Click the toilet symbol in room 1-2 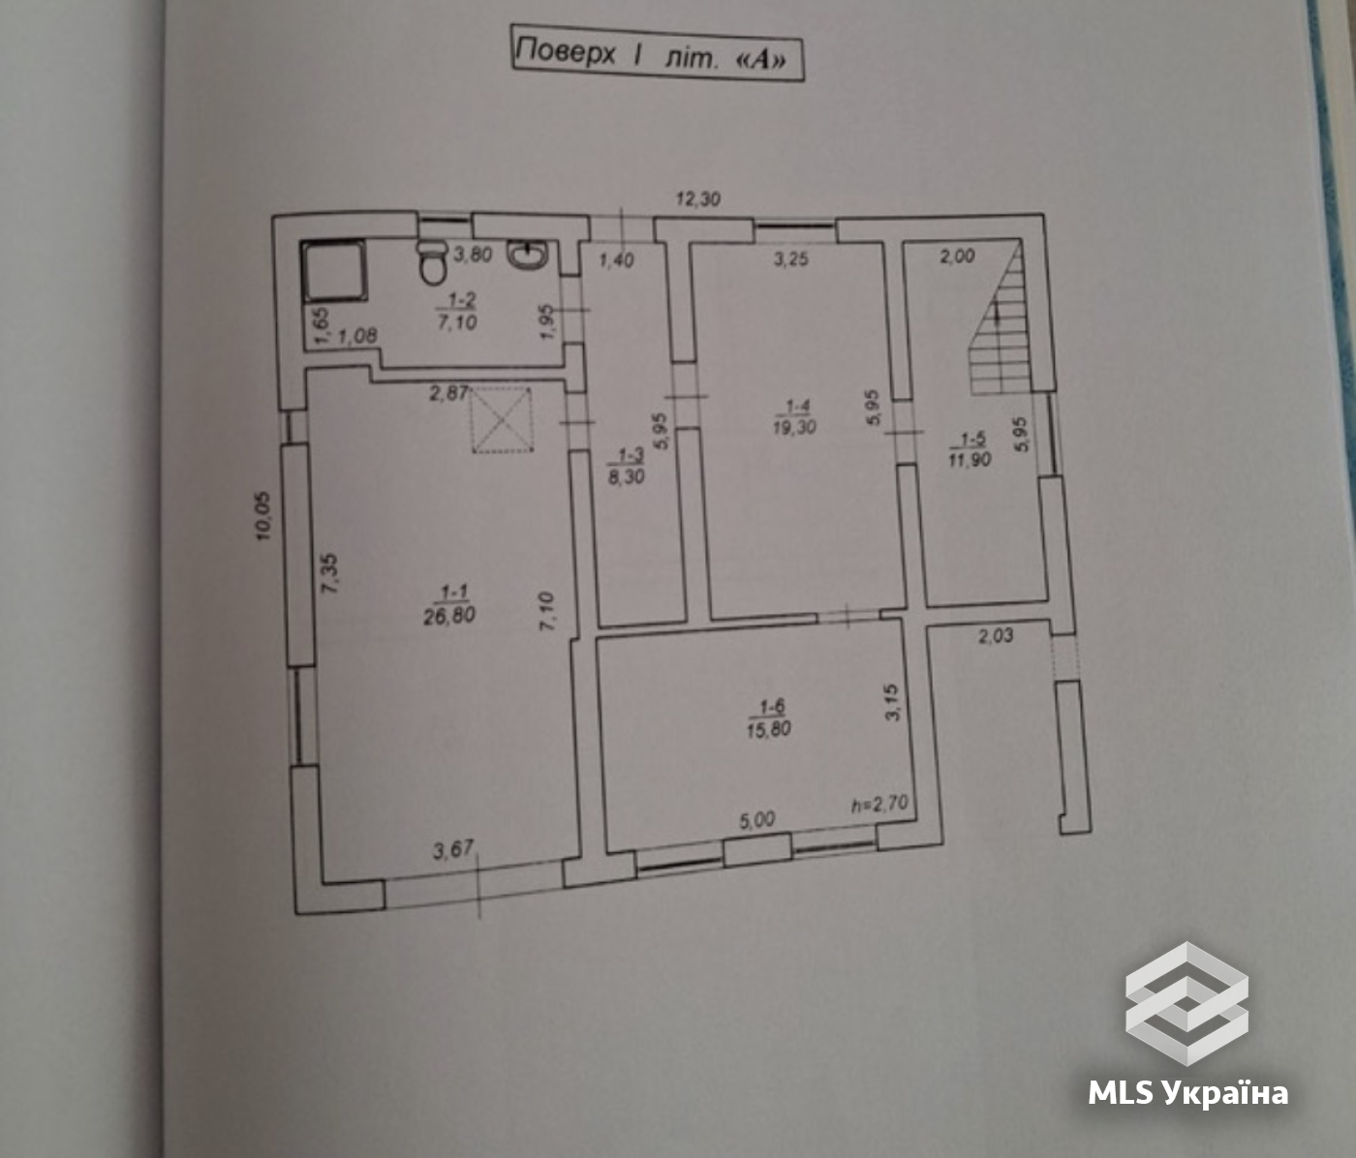[x=432, y=261]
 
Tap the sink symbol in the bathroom [x=527, y=255]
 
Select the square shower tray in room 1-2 [x=333, y=271]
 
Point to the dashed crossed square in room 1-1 [x=502, y=419]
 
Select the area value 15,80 [x=768, y=728]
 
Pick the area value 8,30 [x=626, y=476]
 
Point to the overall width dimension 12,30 [x=698, y=198]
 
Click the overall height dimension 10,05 [x=263, y=516]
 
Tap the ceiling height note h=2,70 [x=879, y=804]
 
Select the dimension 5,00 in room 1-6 [x=757, y=820]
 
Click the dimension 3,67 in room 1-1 [x=452, y=850]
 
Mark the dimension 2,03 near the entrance [x=995, y=635]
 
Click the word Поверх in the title [x=566, y=52]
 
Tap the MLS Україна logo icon [x=1186, y=1004]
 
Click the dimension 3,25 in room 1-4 [x=790, y=259]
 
